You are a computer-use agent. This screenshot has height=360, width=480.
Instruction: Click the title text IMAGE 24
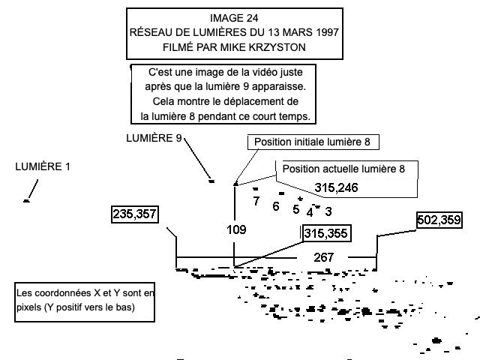234,18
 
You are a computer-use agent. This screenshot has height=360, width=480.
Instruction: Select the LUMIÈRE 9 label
154,138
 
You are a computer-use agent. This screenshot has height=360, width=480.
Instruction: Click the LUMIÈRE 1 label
43,166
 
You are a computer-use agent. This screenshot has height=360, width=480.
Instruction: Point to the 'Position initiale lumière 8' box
311,142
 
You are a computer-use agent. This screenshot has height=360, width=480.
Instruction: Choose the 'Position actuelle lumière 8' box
343,169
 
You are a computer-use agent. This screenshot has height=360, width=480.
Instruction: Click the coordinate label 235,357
135,214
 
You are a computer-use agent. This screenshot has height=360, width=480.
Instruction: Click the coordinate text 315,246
336,187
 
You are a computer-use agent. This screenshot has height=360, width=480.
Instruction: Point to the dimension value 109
236,229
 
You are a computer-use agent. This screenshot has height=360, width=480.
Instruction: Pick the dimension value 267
323,257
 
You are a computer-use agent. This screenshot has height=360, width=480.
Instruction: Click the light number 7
256,201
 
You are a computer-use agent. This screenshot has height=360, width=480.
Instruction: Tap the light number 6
276,206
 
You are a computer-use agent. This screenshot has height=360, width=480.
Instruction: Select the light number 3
328,211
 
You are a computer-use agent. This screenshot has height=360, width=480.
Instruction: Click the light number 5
296,209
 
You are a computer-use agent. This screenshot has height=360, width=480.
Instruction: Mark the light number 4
310,212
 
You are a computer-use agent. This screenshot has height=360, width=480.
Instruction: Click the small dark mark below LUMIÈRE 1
27,201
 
